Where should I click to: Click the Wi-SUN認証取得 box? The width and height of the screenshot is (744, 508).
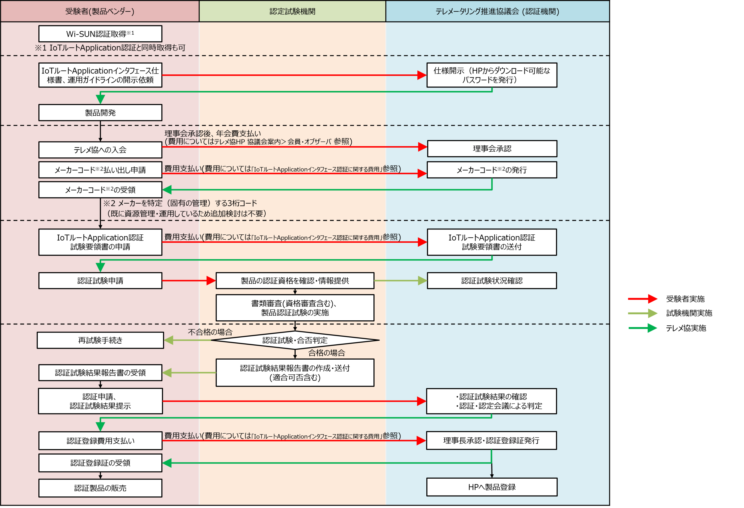(100, 34)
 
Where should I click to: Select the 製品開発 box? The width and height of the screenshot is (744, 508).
(100, 113)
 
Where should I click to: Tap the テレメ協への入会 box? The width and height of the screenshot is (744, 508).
(100, 150)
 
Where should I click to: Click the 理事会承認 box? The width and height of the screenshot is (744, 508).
(492, 148)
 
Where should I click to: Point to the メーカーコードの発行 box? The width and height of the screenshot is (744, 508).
(492, 170)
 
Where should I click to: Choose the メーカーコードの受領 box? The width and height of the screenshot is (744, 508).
(100, 190)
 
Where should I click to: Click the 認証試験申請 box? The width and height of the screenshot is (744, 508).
(100, 281)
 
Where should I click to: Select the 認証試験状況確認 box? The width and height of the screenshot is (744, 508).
(492, 281)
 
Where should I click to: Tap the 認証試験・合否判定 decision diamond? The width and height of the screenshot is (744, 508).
(295, 340)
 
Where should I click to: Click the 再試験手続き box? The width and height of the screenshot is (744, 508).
(100, 340)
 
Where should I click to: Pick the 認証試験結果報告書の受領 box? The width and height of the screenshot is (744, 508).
(100, 373)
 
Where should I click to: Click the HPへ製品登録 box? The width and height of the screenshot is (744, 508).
(492, 487)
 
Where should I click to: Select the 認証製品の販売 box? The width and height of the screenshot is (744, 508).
(100, 488)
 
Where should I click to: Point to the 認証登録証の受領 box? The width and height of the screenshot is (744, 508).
(100, 463)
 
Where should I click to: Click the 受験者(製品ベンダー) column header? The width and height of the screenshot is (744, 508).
(100, 12)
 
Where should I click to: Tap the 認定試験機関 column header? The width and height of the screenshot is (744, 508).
(292, 12)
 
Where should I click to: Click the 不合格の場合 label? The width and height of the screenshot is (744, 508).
(210, 332)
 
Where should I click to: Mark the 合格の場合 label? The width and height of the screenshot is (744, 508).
(327, 353)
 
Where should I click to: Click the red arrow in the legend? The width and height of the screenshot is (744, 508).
(643, 299)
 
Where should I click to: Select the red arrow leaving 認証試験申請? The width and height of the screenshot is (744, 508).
(189, 281)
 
